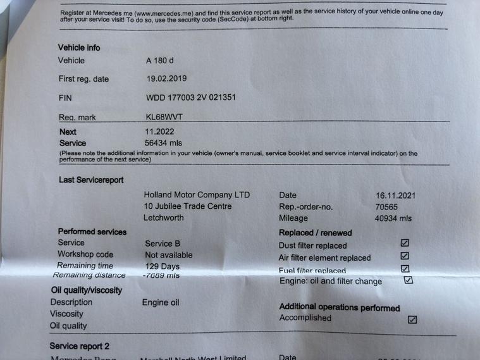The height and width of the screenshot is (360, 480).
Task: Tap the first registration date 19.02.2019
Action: (166, 79)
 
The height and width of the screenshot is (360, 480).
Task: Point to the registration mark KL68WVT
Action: (164, 117)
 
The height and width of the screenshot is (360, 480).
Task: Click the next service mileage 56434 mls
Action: (164, 143)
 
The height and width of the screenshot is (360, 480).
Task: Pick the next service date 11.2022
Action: (159, 132)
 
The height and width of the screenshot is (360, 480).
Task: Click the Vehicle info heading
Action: (79, 47)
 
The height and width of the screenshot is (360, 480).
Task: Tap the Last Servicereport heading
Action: (91, 180)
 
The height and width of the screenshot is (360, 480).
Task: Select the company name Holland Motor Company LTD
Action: (197, 195)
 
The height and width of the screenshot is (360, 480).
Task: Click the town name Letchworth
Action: (164, 218)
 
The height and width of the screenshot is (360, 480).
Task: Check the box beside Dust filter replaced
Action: (405, 243)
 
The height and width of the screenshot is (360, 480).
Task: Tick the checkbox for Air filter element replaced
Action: (405, 256)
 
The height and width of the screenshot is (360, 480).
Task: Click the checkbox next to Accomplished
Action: (412, 320)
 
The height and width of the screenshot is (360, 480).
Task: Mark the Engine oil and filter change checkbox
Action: (408, 280)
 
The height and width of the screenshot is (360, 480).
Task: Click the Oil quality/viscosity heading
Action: (86, 290)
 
